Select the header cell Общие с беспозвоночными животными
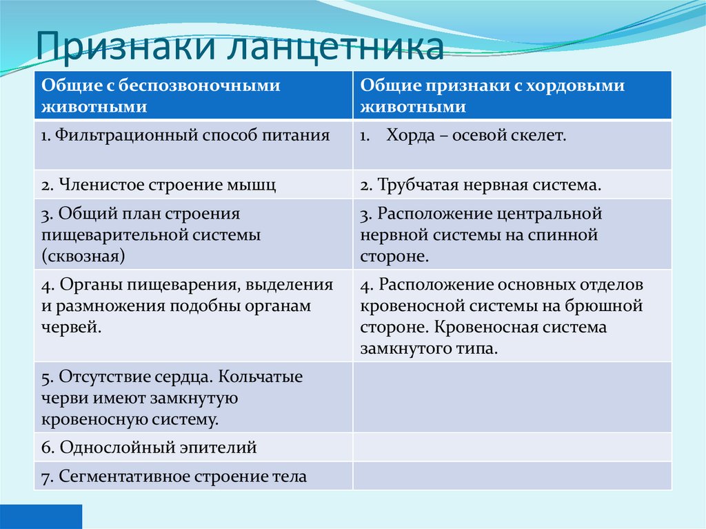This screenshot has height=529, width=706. (x=193, y=95)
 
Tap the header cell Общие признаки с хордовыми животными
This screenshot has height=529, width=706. (x=512, y=95)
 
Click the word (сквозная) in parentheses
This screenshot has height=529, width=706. (x=83, y=257)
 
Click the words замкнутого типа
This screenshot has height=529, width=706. (x=427, y=348)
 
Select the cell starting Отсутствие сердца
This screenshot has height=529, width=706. (x=193, y=397)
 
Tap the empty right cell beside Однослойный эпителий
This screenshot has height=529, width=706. (x=512, y=448)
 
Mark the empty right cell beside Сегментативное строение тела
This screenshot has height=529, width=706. (x=512, y=476)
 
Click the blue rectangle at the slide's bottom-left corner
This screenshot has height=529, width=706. (x=41, y=517)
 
